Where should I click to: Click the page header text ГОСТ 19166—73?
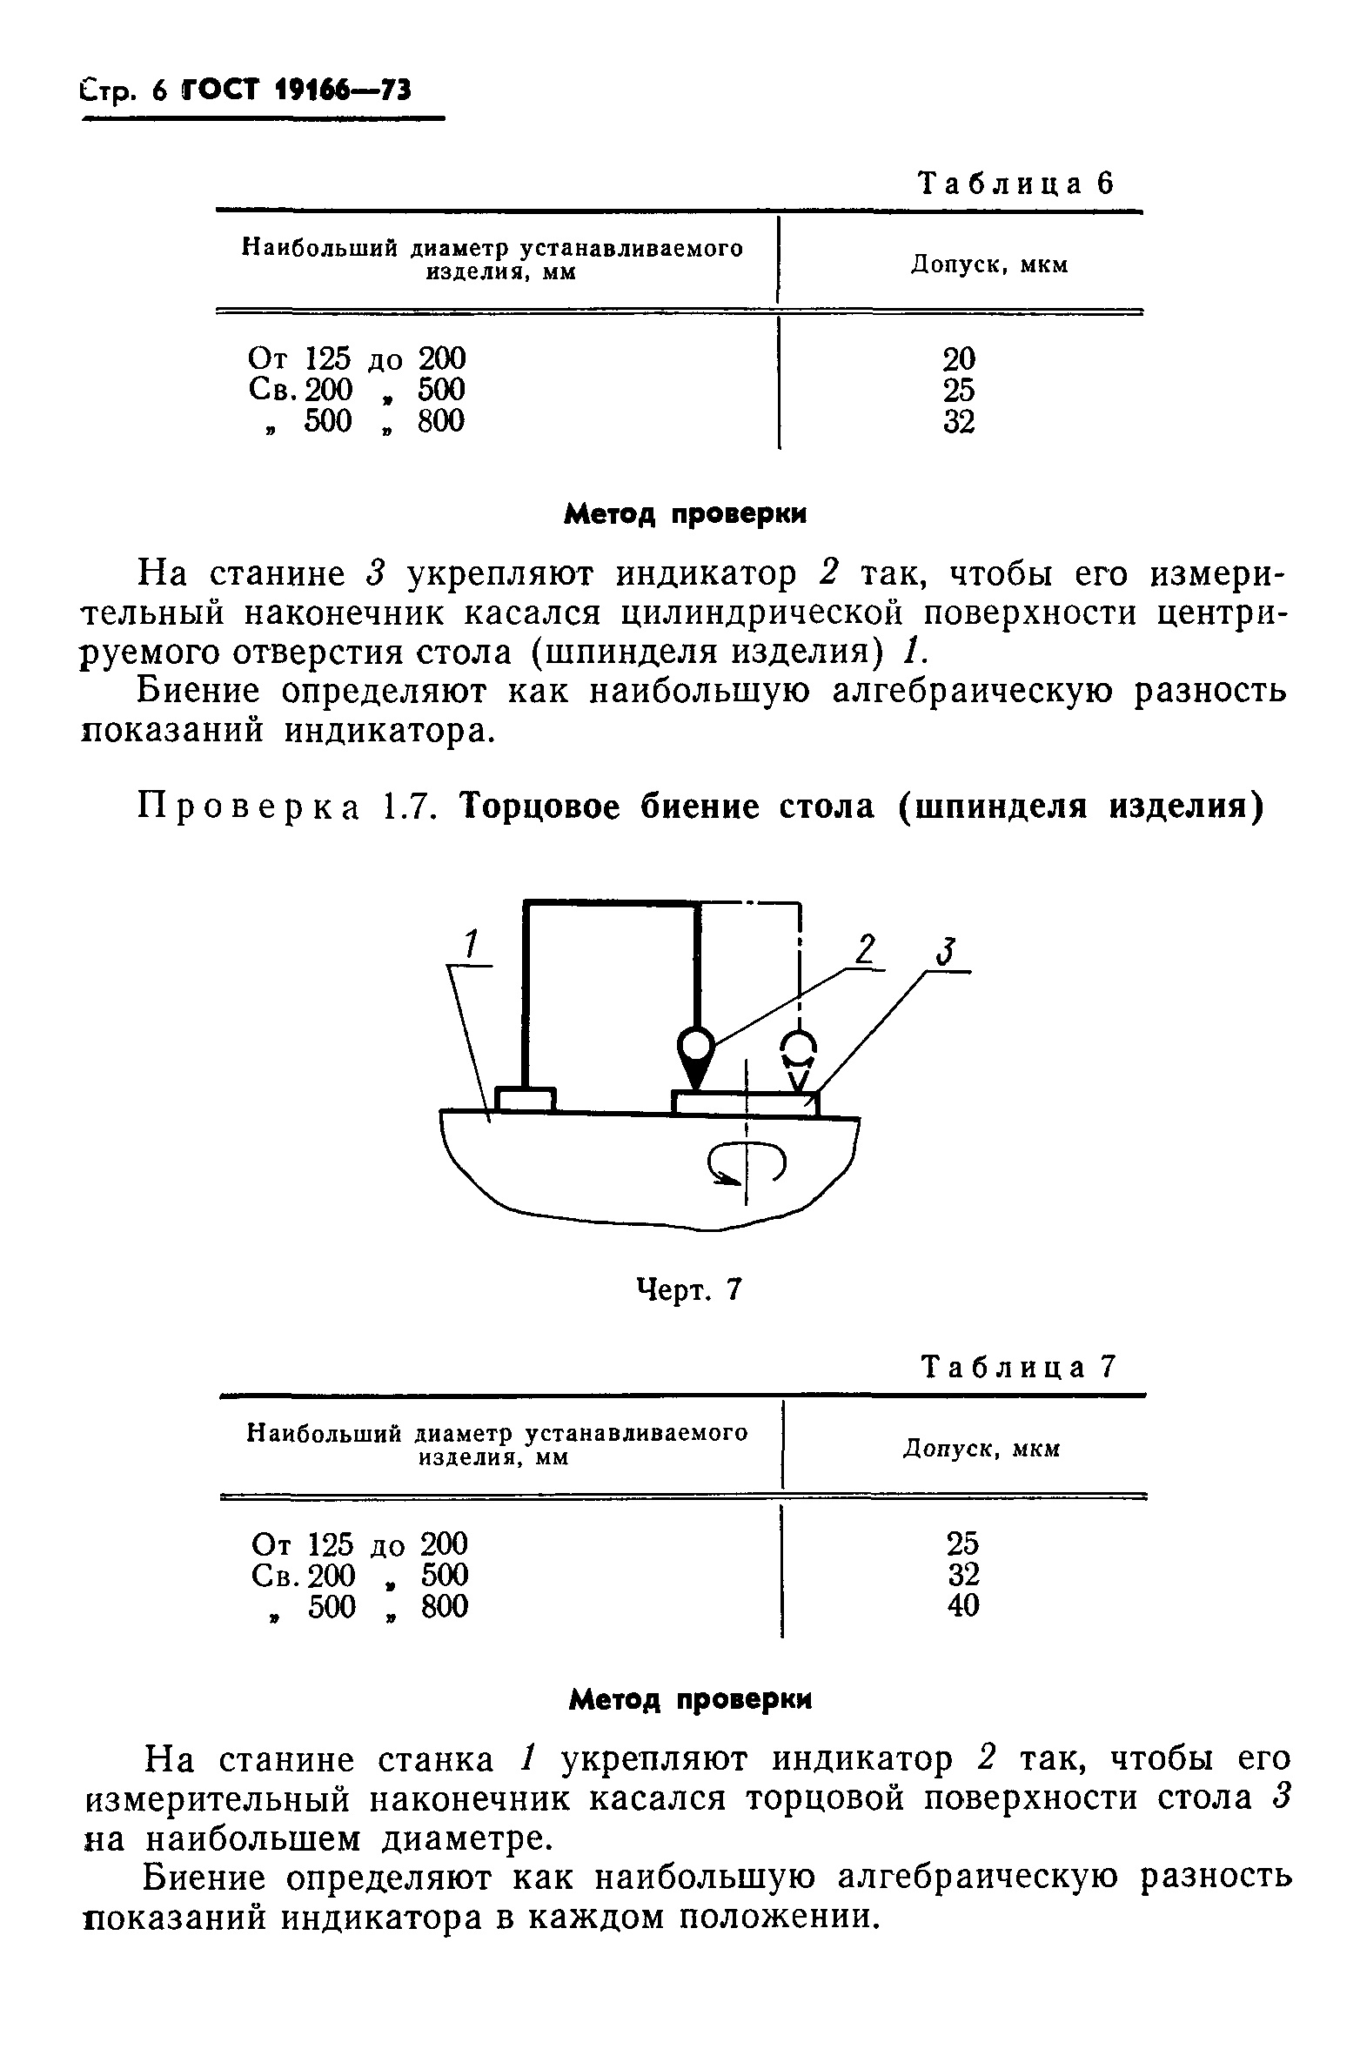pos(297,90)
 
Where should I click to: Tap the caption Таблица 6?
pos(1016,184)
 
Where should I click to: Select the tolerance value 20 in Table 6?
pos(959,358)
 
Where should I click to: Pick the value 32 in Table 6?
pos(959,422)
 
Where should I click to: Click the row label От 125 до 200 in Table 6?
pos(357,358)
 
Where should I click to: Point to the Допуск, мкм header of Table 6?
pos(989,264)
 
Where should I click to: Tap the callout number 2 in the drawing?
pos(863,947)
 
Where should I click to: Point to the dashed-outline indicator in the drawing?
pos(800,1055)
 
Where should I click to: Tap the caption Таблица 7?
pos(1017,1368)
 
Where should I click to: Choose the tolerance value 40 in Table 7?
pos(962,1605)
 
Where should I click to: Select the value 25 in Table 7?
pos(962,1543)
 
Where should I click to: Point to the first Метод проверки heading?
pos(685,514)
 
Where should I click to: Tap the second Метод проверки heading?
pos(689,1698)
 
